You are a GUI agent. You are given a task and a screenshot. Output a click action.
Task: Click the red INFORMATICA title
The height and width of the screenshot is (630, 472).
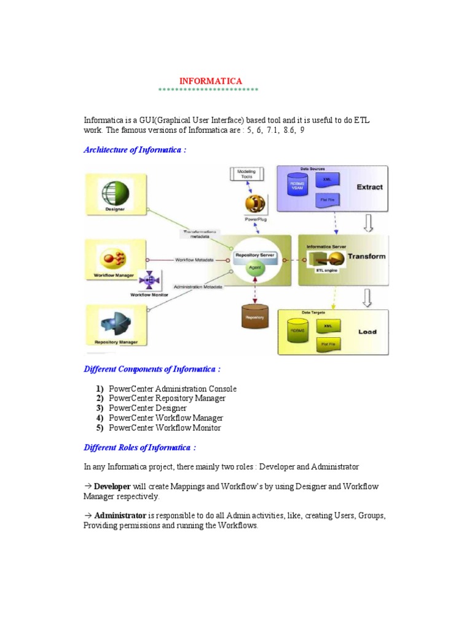[210, 81]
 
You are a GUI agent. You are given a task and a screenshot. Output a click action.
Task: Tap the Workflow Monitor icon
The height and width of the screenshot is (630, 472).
[149, 280]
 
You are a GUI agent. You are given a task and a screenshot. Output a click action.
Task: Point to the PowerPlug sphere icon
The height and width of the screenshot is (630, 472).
[254, 204]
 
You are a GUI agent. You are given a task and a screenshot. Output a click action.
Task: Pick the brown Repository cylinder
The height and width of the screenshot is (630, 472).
[254, 314]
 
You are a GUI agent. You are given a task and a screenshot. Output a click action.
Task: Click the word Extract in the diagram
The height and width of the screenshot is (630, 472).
[369, 187]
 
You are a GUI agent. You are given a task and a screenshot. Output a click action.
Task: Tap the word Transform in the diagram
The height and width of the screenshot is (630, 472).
[366, 257]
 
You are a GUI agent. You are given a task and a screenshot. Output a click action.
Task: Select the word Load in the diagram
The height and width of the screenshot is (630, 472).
[368, 332]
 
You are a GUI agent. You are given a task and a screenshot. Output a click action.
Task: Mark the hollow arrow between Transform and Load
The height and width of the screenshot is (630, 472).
[368, 298]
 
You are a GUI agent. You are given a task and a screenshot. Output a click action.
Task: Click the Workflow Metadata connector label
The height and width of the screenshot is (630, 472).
[194, 260]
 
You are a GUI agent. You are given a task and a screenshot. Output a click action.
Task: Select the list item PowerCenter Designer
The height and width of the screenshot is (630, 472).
[147, 408]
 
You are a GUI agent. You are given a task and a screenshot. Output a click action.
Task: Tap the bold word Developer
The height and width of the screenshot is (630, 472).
[112, 487]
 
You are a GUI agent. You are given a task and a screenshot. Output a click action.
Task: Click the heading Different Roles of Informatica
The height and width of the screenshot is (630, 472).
[140, 447]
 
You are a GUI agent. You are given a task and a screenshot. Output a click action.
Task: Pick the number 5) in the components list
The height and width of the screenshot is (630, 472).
[100, 428]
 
